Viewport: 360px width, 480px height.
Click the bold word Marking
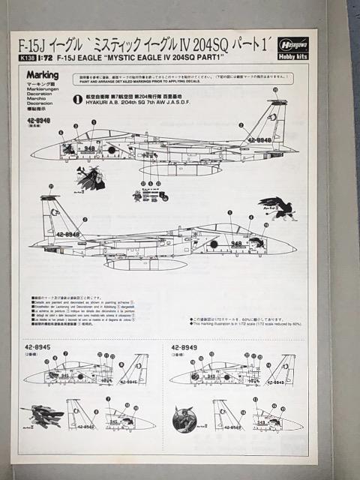tap(43, 75)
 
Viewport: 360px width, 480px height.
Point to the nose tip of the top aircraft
tap(32, 155)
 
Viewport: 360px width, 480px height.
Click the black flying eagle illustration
tap(275, 207)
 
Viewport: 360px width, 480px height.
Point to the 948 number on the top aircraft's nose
tap(89, 148)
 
